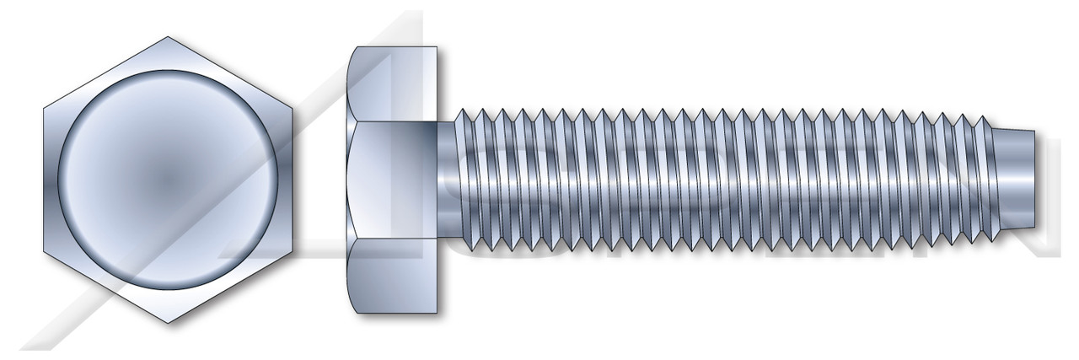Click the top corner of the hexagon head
pos(169,37)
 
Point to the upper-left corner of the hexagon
pos(44,109)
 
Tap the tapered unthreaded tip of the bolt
pos(1016,180)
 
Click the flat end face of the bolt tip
pos(1034,180)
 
